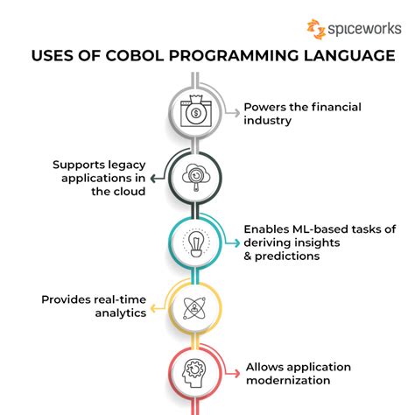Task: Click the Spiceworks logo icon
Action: (316, 28)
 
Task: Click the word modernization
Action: (287, 380)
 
